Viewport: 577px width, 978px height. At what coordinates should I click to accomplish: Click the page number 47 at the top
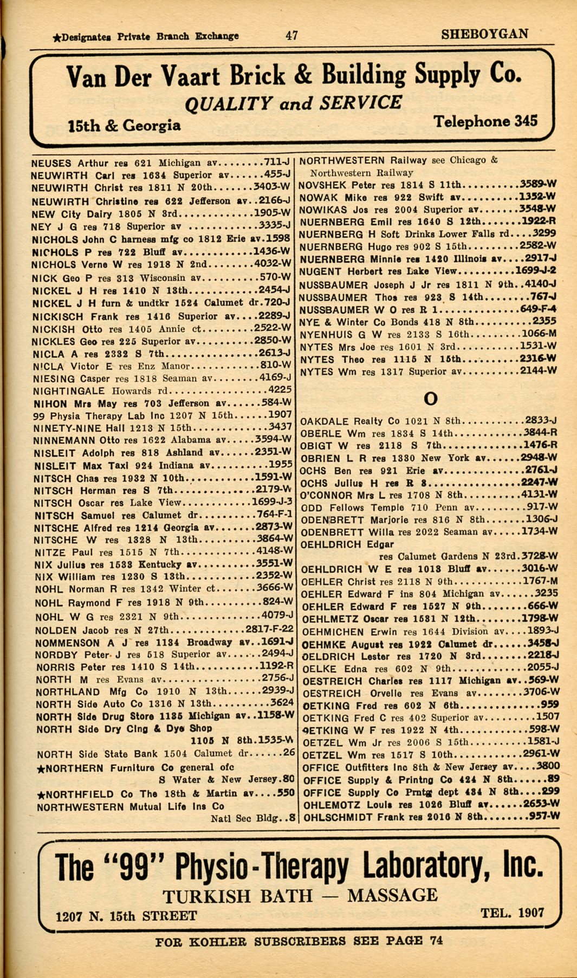pyautogui.click(x=291, y=35)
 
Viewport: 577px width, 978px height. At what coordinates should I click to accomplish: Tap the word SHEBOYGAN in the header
pyautogui.click(x=484, y=34)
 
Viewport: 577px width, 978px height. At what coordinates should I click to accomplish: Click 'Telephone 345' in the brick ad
pyautogui.click(x=485, y=121)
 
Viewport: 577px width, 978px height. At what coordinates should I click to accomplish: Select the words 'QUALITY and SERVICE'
pyautogui.click(x=293, y=103)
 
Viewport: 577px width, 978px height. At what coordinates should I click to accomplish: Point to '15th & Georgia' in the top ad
pyautogui.click(x=124, y=126)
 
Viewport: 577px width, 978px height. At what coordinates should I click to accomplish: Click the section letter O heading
pyautogui.click(x=430, y=399)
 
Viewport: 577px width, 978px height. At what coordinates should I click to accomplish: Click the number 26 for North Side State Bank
pyautogui.click(x=289, y=752)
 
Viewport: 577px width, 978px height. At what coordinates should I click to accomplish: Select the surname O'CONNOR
pyautogui.click(x=326, y=495)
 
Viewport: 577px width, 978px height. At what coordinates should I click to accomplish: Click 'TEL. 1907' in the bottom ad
pyautogui.click(x=512, y=912)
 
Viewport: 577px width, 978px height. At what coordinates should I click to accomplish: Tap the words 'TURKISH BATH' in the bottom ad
pyautogui.click(x=237, y=896)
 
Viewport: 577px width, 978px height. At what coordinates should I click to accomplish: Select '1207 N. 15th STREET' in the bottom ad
pyautogui.click(x=126, y=916)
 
